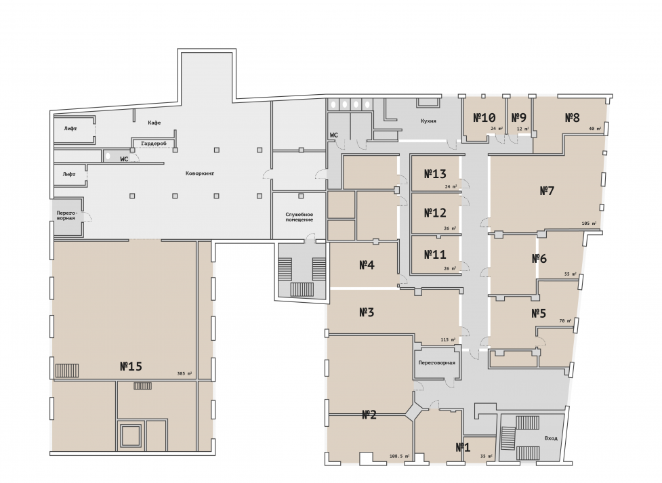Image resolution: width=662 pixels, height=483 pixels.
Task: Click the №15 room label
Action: (131, 366)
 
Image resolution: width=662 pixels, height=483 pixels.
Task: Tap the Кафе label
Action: (154, 123)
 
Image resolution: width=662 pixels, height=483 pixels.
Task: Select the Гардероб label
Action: (154, 144)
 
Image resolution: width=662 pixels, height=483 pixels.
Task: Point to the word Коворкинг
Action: (200, 173)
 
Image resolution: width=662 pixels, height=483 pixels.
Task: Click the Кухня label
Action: (428, 121)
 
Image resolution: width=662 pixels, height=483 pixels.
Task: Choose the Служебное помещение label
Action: (299, 217)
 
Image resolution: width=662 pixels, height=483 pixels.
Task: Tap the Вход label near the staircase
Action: (551, 438)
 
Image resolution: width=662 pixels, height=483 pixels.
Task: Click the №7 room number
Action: (547, 191)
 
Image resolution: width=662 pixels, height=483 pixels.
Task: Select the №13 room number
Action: (435, 174)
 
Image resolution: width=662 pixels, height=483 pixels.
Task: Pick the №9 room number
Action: (519, 117)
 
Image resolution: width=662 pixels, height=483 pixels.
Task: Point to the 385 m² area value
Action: (184, 374)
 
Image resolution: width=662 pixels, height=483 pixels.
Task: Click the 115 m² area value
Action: (448, 340)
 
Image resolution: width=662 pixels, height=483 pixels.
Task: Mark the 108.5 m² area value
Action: (400, 457)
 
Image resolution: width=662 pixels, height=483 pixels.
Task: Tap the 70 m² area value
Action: (565, 321)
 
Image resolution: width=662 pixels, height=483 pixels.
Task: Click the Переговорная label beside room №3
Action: (436, 362)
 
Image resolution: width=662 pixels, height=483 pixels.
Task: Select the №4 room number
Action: (367, 265)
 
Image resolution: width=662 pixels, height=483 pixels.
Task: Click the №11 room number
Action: (435, 255)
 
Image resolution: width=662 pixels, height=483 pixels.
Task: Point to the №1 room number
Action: (463, 447)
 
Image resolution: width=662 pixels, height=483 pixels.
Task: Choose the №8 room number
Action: (572, 117)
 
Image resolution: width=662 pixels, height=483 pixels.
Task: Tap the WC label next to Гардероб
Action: (124, 160)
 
